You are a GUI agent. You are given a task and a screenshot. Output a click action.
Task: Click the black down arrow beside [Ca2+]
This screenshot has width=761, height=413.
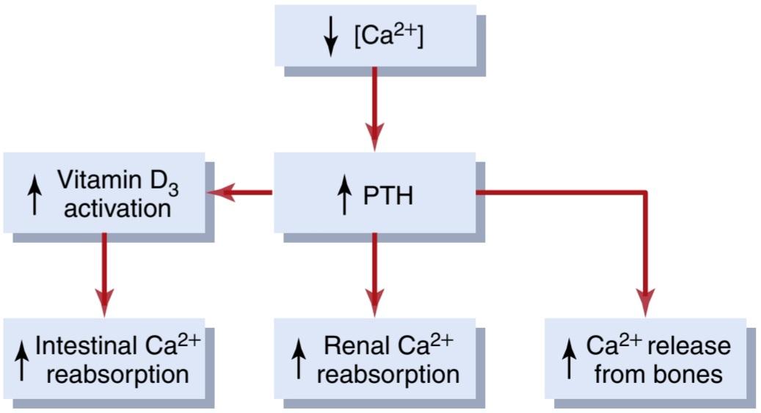(330, 38)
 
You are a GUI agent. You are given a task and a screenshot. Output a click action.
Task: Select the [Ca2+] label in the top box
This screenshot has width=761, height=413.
(389, 36)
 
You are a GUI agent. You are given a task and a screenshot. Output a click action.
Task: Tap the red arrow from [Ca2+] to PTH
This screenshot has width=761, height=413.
(375, 109)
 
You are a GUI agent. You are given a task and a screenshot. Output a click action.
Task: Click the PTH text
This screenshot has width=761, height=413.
(388, 196)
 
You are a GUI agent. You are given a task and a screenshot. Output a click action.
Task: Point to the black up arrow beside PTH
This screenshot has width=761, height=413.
(344, 195)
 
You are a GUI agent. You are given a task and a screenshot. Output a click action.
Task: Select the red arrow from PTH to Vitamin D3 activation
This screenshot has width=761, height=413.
(240, 193)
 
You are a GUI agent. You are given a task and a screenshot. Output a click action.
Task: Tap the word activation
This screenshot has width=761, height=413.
(117, 209)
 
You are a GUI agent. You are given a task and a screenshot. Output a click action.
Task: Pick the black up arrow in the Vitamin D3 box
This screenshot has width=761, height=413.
(34, 195)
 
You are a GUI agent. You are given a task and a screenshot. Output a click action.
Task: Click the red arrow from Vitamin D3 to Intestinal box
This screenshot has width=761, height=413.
(104, 274)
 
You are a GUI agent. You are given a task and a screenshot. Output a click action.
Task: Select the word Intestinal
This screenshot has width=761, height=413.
(86, 346)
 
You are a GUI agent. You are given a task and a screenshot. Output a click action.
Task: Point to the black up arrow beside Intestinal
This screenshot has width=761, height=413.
(21, 361)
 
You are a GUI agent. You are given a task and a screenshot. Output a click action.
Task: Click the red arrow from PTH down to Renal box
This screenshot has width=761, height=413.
(375, 274)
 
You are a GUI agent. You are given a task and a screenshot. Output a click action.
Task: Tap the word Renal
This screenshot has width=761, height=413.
(357, 346)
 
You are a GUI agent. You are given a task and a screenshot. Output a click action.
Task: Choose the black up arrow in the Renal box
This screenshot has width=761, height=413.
(299, 361)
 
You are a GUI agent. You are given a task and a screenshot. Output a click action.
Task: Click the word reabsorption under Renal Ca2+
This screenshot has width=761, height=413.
(388, 375)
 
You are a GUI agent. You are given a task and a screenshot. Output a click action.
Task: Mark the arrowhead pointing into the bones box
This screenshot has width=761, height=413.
(646, 303)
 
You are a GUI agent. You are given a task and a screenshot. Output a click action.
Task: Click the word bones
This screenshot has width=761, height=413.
(691, 375)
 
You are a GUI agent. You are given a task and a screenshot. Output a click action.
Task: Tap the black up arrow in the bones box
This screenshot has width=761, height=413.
(569, 361)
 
